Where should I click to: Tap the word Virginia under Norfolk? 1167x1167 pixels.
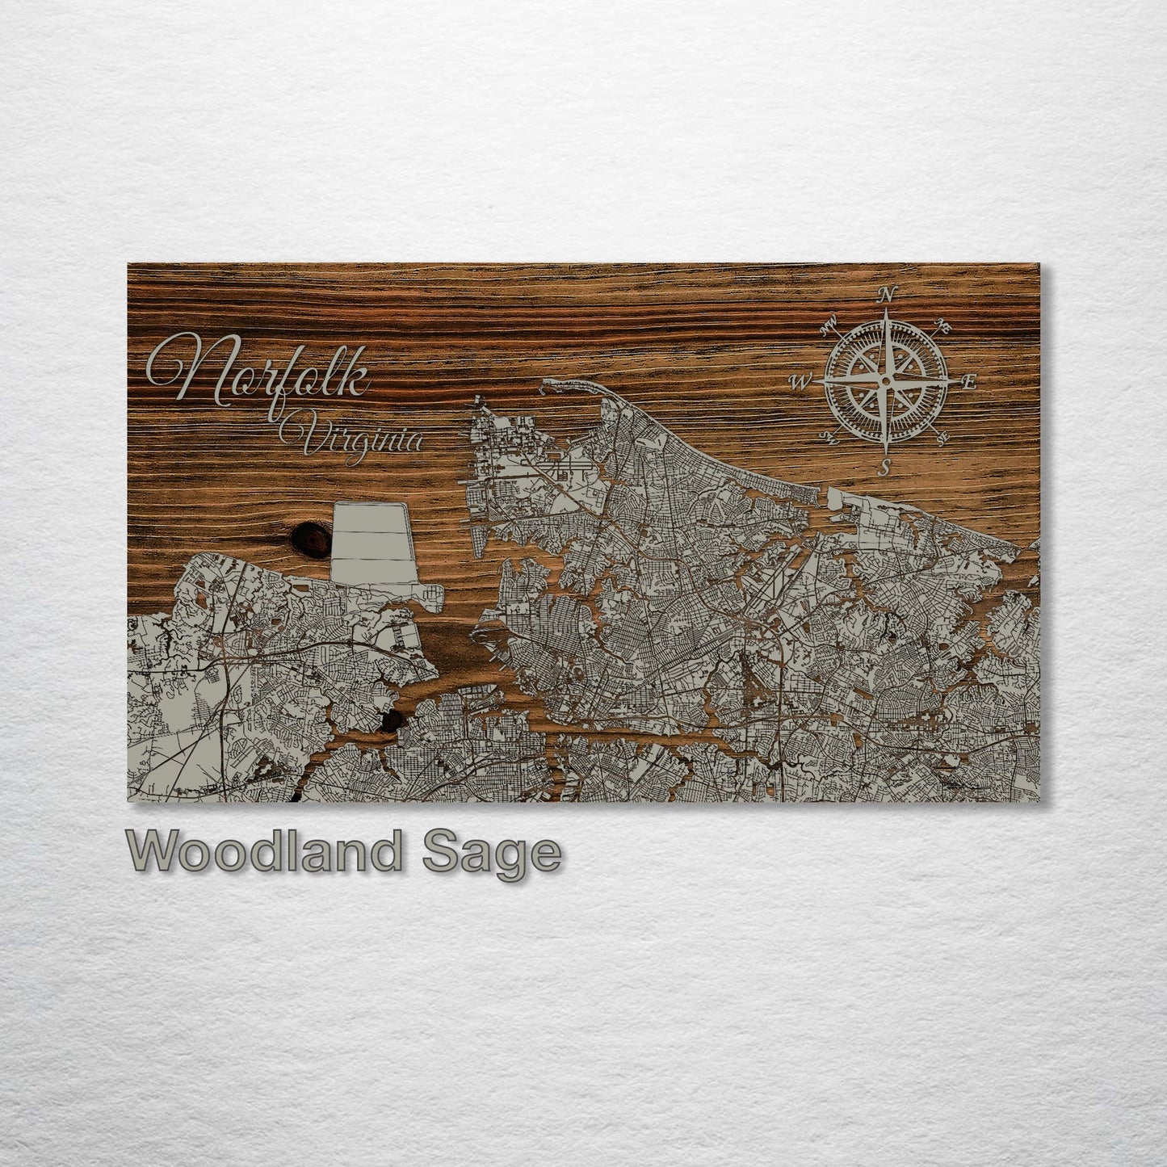pos(352,439)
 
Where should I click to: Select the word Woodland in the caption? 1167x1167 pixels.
pos(265,851)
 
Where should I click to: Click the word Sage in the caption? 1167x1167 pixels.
pos(491,854)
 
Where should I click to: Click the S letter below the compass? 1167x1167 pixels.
pos(886,467)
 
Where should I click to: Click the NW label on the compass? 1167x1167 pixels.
pos(828,326)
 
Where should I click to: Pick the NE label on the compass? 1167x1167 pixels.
pos(942,326)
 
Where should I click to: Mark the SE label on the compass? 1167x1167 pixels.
pos(942,439)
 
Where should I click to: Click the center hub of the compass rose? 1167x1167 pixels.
pos(886,380)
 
